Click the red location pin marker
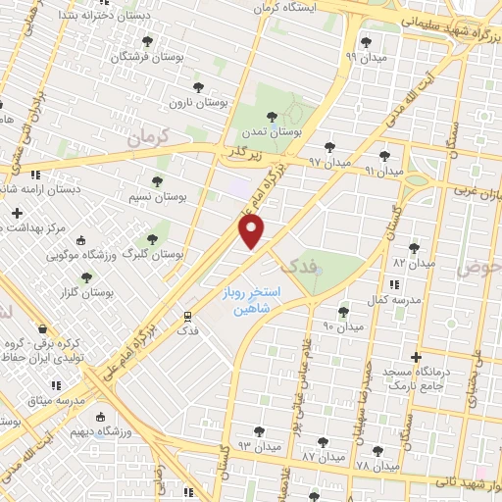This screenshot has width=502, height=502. (253, 231)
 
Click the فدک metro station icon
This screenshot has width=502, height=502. (186, 315)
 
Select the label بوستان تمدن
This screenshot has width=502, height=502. (275, 130)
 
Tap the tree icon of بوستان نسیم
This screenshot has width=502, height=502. (157, 180)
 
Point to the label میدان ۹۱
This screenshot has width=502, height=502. (384, 171)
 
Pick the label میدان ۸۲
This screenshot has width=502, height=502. (413, 263)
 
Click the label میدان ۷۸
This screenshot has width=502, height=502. (376, 465)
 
